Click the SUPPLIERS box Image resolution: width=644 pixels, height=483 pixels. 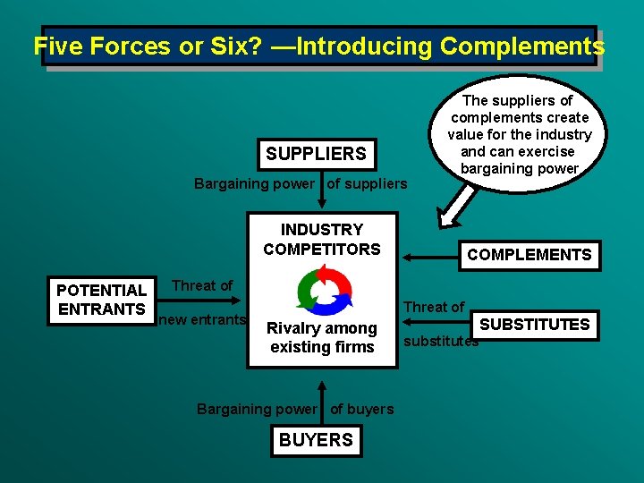(316, 154)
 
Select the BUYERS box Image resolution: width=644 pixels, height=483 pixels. (316, 440)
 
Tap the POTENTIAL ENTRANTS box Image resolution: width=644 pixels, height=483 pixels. (101, 300)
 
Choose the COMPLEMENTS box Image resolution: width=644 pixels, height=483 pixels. (529, 255)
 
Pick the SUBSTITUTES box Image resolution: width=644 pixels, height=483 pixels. (535, 324)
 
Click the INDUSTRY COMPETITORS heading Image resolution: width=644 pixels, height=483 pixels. (321, 240)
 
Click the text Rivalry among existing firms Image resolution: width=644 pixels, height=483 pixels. (322, 337)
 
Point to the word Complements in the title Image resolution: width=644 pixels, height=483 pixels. (523, 47)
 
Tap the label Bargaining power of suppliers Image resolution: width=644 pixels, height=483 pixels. (301, 184)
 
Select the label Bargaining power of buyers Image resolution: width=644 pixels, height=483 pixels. (295, 409)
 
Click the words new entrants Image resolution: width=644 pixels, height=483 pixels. (201, 320)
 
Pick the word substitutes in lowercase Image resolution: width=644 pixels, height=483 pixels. (441, 341)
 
